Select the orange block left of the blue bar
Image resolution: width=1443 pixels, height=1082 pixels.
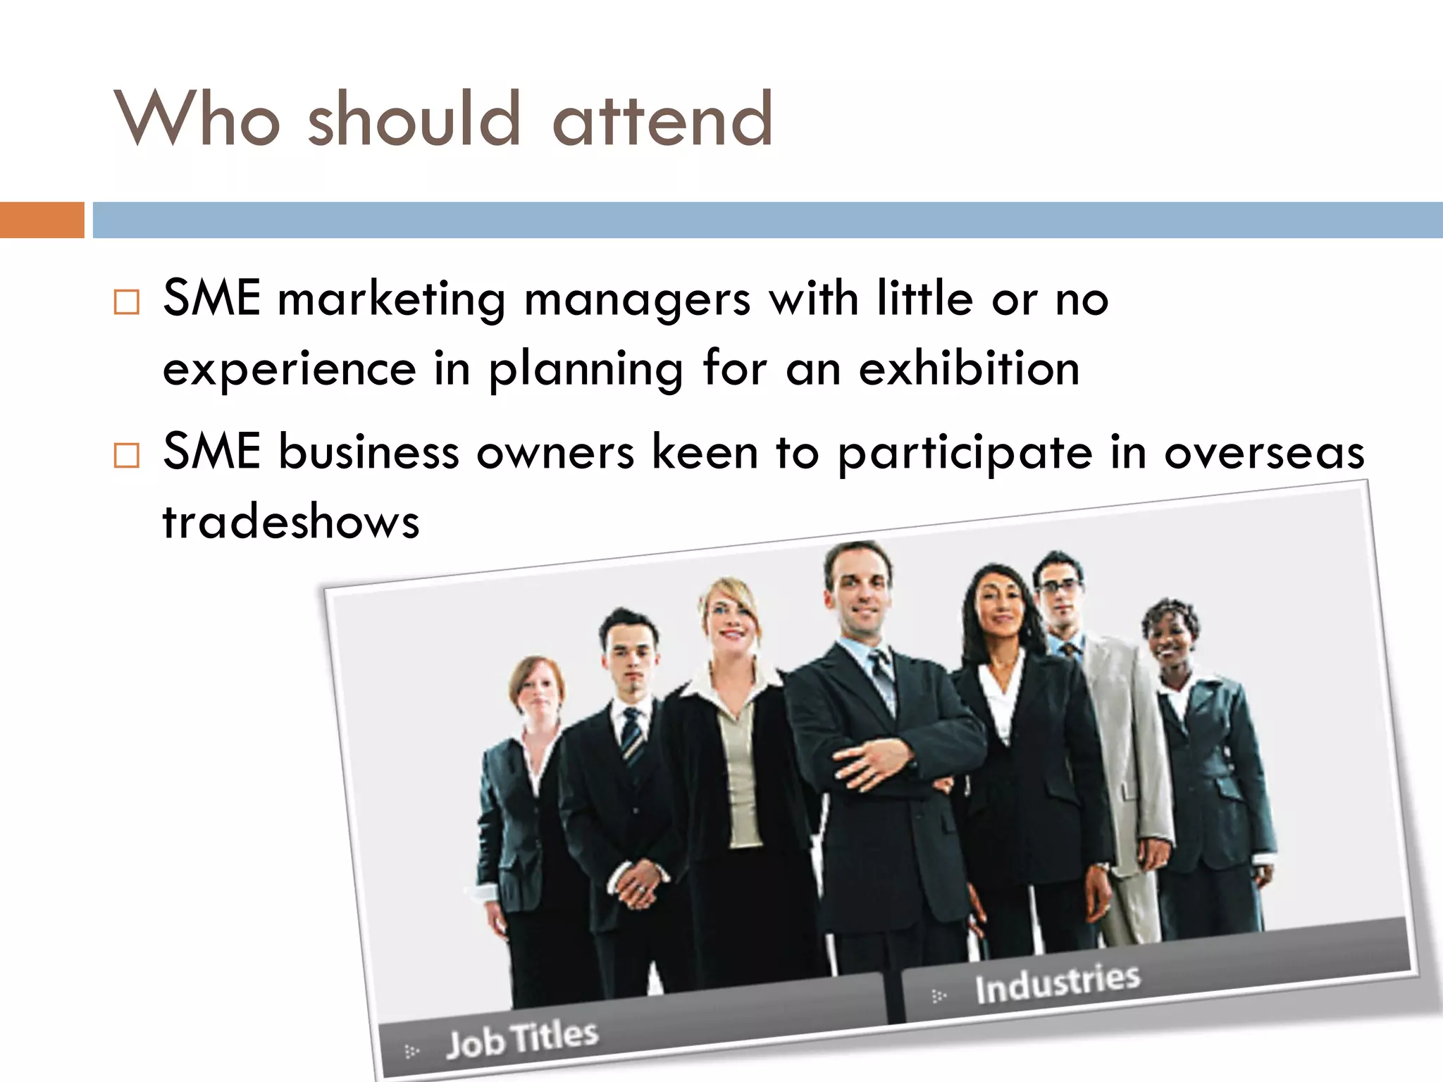(x=42, y=220)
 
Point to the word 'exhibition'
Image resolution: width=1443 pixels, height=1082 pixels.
(x=969, y=368)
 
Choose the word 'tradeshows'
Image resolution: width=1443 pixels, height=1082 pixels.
(x=291, y=522)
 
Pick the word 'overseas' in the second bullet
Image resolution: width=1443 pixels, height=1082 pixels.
(x=1264, y=452)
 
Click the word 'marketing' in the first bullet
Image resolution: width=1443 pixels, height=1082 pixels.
(x=392, y=300)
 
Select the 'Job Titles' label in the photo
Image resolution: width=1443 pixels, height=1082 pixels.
(x=522, y=1038)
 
